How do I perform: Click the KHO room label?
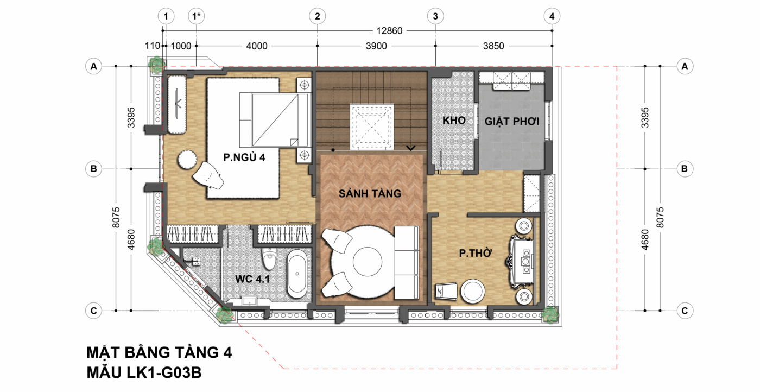click(454, 121)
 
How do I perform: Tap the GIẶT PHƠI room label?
click(511, 121)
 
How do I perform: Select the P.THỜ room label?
click(475, 253)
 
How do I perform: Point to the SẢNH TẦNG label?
click(370, 193)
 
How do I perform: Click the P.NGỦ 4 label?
click(244, 157)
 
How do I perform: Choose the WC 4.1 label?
click(252, 279)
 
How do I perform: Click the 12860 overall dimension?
click(389, 31)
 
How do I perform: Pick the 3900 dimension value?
click(376, 46)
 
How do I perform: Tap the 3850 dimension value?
click(493, 46)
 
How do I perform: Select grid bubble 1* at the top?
click(197, 16)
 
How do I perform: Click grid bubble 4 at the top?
click(552, 16)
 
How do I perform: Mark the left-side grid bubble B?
click(93, 169)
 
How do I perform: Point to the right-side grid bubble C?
click(685, 311)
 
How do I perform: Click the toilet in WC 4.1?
click(270, 258)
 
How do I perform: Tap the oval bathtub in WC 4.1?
click(297, 274)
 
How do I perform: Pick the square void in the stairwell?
click(372, 127)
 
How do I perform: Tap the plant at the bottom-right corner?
click(550, 315)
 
